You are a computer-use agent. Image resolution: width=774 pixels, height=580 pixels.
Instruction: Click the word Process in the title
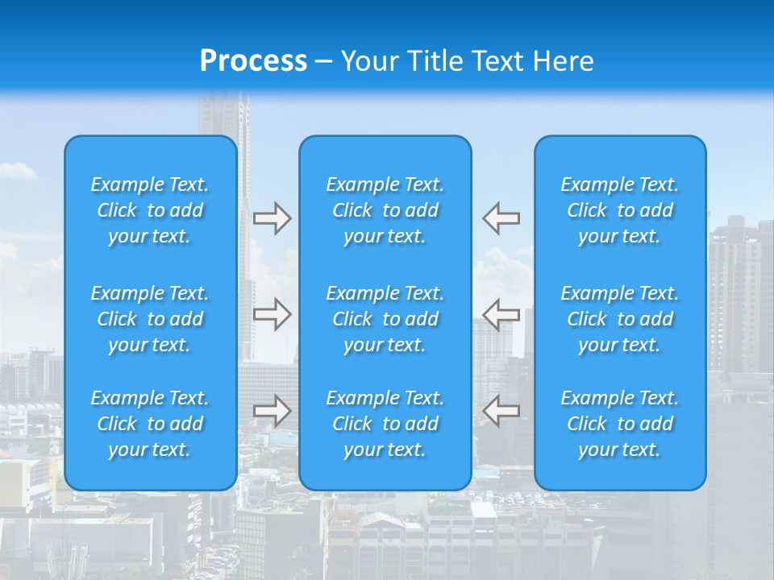pos(253,61)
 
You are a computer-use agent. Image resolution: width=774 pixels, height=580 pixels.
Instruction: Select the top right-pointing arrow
pos(272,218)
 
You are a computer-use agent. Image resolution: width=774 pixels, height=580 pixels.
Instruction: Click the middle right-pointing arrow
pos(272,314)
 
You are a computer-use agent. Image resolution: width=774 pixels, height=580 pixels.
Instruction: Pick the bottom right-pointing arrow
pos(272,411)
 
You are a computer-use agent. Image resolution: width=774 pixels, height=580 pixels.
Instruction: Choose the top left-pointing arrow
pos(501,217)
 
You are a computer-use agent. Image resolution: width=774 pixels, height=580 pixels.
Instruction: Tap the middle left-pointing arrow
pos(501,314)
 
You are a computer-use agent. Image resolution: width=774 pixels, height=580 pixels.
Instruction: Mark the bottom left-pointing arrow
pos(501,411)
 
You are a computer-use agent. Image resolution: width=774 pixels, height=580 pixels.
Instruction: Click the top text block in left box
pos(150,210)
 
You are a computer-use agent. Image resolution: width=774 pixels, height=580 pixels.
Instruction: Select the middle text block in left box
pos(150,319)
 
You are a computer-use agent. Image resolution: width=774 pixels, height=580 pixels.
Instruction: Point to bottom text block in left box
pos(150,424)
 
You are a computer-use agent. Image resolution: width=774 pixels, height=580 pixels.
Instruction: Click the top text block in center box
pos(385,210)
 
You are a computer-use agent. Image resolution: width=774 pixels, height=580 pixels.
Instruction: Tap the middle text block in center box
pos(385,319)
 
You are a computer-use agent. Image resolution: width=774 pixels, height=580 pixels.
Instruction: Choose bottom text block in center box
pos(385,424)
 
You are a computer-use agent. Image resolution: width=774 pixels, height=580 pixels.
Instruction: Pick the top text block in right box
pos(619,210)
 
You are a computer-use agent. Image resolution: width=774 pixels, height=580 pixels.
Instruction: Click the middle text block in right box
pos(619,319)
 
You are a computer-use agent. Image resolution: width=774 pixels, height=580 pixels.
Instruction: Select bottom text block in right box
pos(619,424)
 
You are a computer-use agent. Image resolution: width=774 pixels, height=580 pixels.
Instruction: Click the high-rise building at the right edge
pos(738,290)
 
